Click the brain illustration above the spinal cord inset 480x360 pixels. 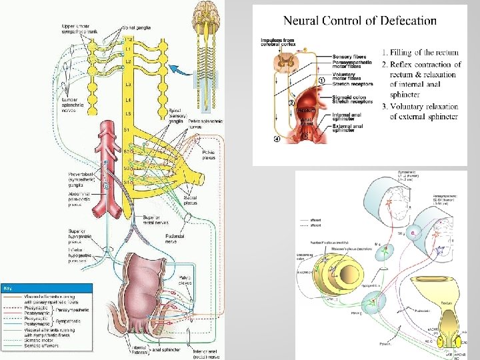[207, 14]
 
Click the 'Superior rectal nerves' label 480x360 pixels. [150, 220]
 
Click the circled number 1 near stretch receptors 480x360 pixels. [322, 81]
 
